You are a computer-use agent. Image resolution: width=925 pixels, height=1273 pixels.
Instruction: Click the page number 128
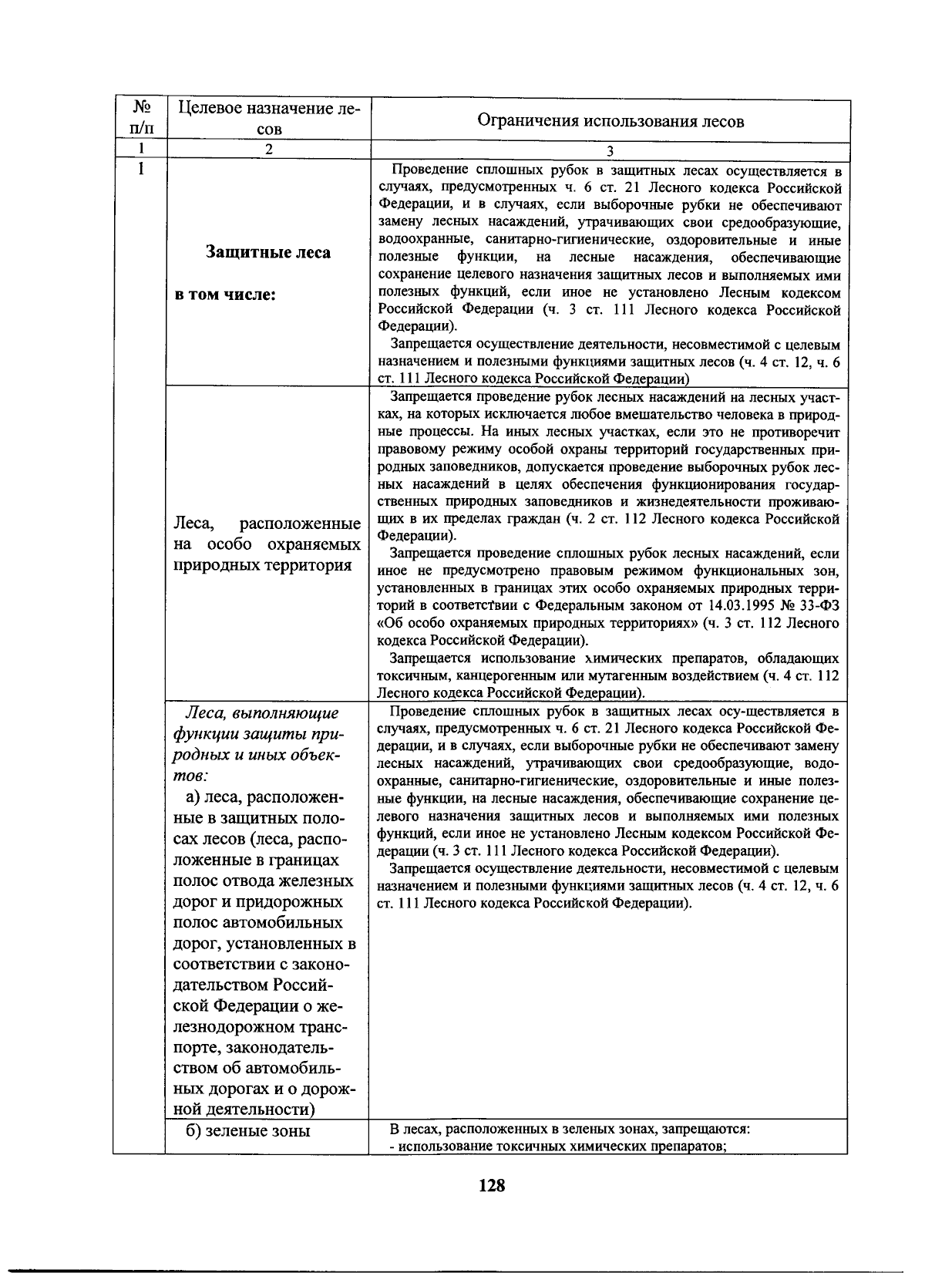(x=491, y=1186)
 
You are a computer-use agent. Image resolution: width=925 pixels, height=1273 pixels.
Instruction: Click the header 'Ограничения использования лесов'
(x=610, y=121)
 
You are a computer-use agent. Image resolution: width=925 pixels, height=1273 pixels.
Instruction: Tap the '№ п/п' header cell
(x=140, y=118)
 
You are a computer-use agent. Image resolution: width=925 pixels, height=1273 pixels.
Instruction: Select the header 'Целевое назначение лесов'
(x=268, y=118)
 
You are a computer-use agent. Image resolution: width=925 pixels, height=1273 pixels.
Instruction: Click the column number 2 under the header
(x=268, y=150)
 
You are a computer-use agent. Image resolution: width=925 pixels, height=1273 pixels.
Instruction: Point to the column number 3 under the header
(x=610, y=152)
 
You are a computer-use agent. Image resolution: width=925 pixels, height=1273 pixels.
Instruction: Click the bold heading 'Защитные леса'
(x=268, y=252)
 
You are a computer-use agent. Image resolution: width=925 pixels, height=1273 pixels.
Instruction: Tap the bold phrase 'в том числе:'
(x=226, y=295)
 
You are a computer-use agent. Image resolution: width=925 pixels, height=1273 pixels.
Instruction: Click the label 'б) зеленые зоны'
(x=247, y=1131)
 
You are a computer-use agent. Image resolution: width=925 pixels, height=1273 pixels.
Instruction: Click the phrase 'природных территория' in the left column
(x=263, y=565)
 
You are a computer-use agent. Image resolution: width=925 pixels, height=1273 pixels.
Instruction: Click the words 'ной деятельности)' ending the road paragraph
(x=245, y=1110)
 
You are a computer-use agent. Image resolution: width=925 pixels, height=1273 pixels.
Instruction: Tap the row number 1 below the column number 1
(x=141, y=168)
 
